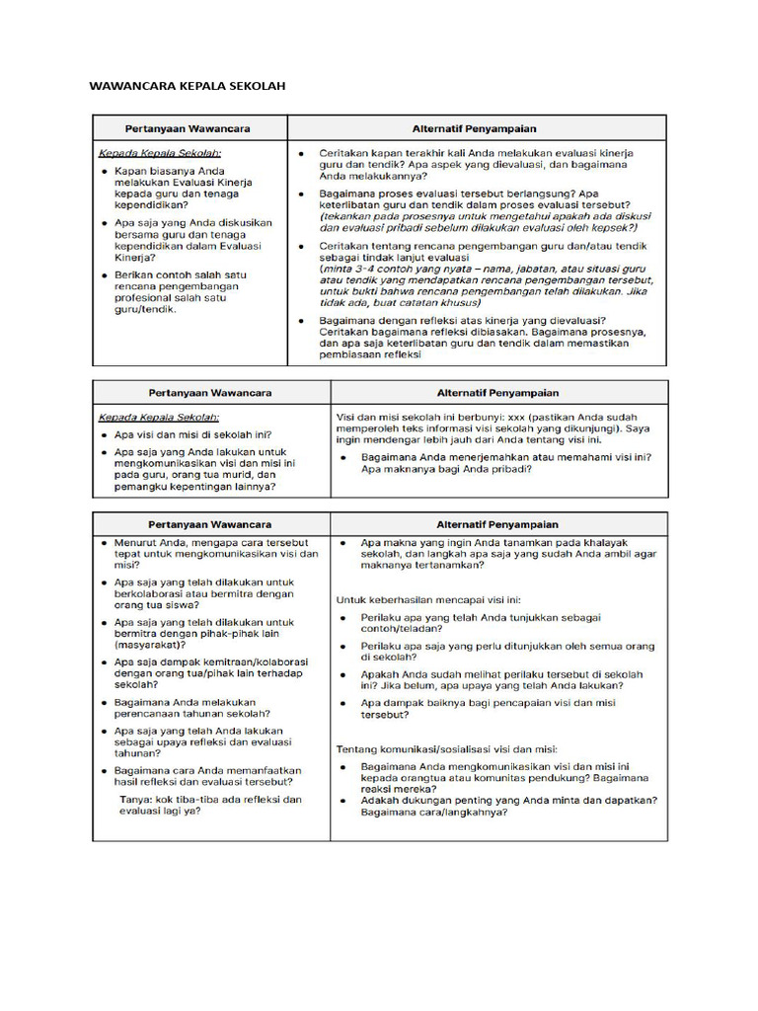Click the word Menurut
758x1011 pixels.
coord(137,542)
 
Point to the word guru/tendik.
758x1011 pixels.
coord(145,309)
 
